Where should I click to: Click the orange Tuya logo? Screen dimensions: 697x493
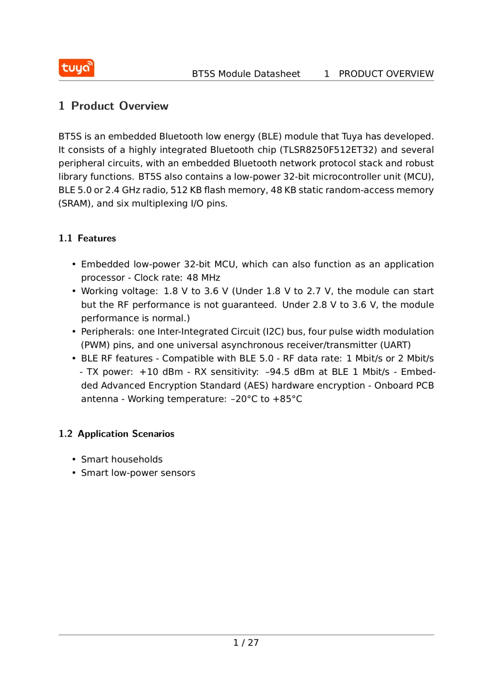[x=76, y=68]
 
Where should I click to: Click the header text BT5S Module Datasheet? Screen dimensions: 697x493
[x=246, y=74]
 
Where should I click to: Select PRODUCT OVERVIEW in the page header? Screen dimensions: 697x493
[x=386, y=74]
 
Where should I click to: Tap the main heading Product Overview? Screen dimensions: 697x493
[x=120, y=106]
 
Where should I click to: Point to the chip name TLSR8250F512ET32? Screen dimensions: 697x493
[x=328, y=150]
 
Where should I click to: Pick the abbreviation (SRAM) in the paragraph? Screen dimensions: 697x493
[x=75, y=204]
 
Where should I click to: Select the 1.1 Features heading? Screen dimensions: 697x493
[x=87, y=238]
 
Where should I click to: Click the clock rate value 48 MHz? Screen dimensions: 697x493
[x=203, y=278]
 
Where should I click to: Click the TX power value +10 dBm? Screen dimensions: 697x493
[x=161, y=372]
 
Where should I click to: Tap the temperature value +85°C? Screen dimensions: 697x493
[x=287, y=399]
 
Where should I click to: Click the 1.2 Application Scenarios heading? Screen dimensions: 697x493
[x=117, y=434]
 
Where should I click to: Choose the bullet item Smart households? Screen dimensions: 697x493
[x=122, y=460]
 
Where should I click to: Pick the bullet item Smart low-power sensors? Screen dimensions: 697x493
[x=138, y=473]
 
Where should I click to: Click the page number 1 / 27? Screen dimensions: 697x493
[x=246, y=643]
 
